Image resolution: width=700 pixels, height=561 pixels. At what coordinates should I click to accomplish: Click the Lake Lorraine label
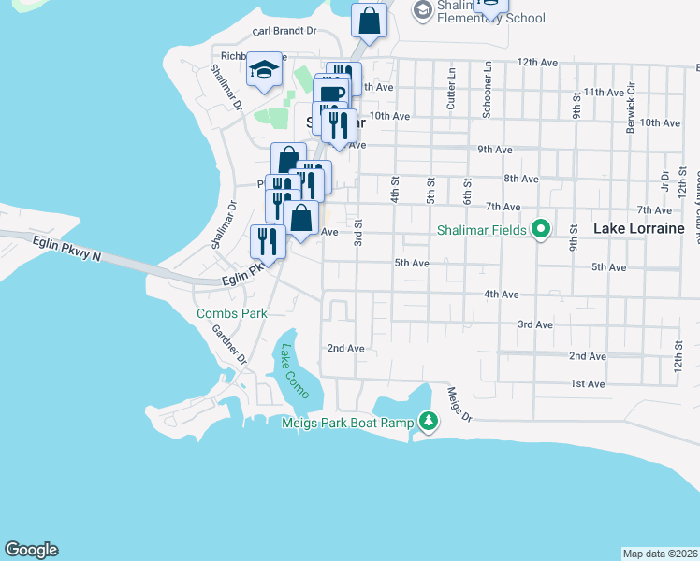[640, 228]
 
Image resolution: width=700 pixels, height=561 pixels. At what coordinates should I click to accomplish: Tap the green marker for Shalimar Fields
[540, 229]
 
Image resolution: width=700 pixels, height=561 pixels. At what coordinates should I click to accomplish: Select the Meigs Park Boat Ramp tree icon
[428, 422]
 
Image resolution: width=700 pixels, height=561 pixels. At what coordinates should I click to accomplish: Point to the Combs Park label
[232, 314]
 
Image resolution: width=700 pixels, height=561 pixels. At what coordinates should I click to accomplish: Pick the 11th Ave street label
[603, 93]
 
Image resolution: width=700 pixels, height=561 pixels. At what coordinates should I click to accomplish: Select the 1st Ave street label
[588, 384]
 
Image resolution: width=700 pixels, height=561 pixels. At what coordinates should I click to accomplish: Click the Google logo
[31, 550]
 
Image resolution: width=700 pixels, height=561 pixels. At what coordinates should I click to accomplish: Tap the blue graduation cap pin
[265, 69]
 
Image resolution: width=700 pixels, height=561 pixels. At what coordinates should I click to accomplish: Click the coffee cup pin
[330, 93]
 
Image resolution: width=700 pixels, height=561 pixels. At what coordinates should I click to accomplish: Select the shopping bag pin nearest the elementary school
[370, 20]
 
